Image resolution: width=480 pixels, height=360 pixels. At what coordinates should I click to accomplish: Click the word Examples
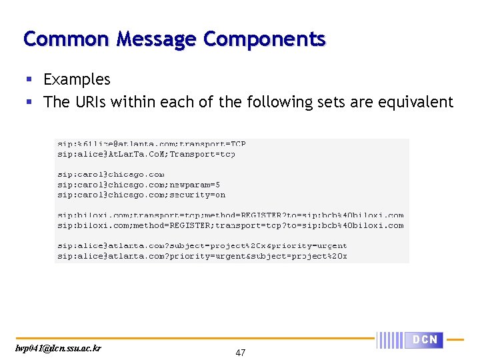pos(77,79)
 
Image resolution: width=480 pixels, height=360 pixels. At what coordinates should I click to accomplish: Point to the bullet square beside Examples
pos(29,80)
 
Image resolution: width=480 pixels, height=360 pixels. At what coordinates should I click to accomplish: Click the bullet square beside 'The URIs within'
pos(29,103)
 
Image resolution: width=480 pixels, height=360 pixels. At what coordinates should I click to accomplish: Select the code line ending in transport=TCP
pos(151,143)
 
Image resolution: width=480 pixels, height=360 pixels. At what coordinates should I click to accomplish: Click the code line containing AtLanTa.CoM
pos(146,154)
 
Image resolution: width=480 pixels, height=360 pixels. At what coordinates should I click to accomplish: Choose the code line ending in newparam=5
pos(139,185)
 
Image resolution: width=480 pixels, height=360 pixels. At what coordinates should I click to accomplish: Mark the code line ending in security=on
pos(141,195)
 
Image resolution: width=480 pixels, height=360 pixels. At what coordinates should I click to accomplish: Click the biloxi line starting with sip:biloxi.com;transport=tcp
pos(230,215)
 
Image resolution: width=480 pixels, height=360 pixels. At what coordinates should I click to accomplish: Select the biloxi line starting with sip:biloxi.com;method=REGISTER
pos(230,225)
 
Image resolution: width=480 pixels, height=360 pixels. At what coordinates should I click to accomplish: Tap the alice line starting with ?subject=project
pos(202,246)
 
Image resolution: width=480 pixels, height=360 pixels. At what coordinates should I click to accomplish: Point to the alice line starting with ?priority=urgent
pos(202,256)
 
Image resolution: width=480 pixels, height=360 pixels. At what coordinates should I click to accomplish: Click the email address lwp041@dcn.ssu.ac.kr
pos(59,348)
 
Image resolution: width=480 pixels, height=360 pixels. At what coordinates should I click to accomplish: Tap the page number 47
pos(240,353)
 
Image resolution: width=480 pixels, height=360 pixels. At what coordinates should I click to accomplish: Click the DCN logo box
pos(425,340)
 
